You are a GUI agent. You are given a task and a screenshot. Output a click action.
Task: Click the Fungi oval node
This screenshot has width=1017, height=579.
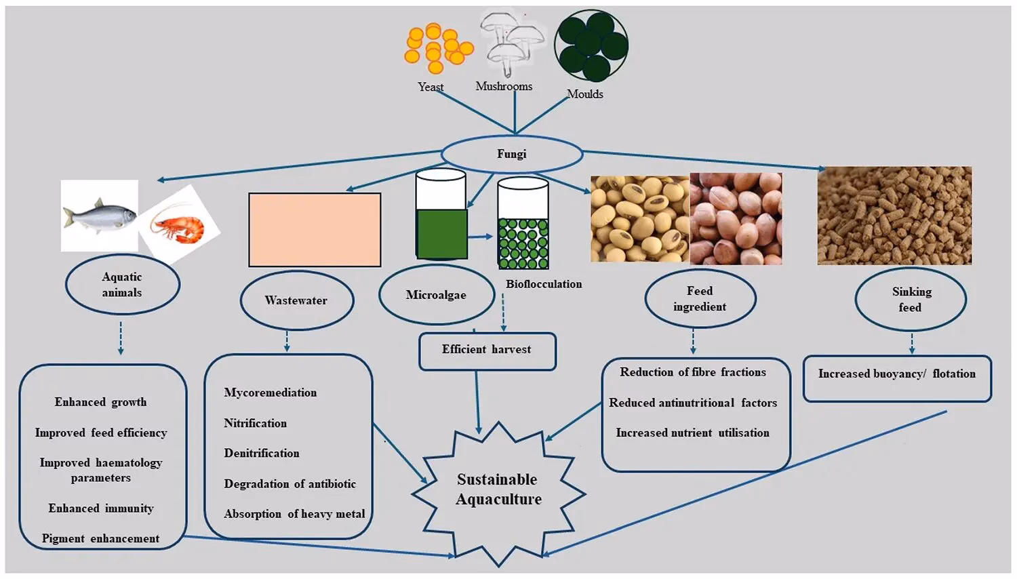coord(512,155)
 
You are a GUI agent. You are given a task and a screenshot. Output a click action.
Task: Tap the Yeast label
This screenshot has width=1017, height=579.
coord(431,87)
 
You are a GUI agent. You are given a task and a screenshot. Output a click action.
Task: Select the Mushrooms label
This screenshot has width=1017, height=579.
coord(504,86)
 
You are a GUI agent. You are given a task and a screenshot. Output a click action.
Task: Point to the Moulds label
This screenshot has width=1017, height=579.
coord(584,94)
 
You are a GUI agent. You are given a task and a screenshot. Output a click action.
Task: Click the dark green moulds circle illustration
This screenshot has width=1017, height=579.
coord(591,45)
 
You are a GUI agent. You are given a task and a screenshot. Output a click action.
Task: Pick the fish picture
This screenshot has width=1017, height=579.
coord(99,216)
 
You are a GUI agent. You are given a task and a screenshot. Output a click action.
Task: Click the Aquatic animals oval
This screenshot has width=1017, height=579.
coord(122,285)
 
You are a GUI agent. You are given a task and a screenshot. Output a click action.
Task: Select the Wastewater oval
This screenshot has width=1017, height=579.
coord(296,300)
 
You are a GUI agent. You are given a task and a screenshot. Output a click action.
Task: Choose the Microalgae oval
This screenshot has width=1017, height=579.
coord(436,295)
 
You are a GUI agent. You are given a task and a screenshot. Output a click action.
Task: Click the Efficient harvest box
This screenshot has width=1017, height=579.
coord(487,350)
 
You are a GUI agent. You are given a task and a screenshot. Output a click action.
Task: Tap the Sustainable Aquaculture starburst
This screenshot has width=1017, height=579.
coord(498,490)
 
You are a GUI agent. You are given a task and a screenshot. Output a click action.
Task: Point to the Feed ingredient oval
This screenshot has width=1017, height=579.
coord(700,299)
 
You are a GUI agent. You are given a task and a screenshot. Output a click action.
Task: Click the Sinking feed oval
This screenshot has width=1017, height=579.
coord(911,300)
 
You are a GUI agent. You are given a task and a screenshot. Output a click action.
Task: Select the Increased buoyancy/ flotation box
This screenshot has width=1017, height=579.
coord(896,374)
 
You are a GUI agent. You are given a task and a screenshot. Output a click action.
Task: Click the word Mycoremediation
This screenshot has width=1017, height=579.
coord(271,393)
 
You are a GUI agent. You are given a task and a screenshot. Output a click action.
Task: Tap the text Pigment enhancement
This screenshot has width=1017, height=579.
coord(101,538)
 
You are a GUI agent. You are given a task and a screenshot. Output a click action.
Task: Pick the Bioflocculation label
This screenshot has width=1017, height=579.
coord(544,284)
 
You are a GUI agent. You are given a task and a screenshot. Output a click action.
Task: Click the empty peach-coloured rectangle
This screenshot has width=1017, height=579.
coord(315,230)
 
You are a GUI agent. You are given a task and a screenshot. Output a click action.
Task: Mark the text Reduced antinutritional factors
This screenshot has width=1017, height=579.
coord(693,403)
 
